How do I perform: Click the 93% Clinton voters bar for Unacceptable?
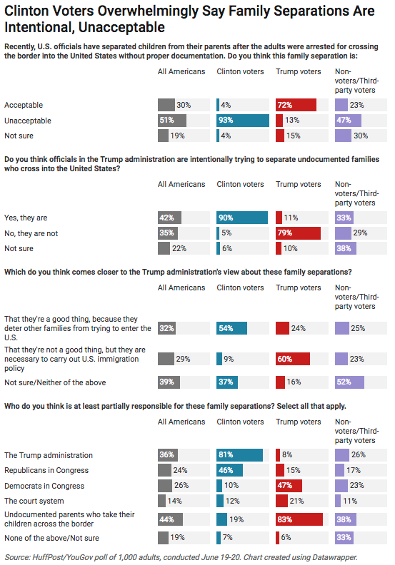[243, 121]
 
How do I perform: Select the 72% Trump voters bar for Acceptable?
[296, 105]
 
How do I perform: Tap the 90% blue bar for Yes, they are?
[242, 218]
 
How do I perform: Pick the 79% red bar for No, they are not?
[298, 233]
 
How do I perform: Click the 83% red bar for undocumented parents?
[299, 519]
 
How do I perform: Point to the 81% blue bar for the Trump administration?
[239, 455]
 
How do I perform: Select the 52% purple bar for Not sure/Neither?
[349, 382]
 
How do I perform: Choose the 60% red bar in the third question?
[293, 359]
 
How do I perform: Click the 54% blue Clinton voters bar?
[231, 328]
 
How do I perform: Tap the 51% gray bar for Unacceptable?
[172, 121]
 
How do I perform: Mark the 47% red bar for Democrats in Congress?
[289, 485]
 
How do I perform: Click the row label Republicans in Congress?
[46, 470]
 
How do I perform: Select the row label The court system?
[34, 501]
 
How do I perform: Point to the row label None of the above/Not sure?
[51, 538]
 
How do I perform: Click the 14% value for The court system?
[174, 501]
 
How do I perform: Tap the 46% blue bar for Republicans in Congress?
[229, 470]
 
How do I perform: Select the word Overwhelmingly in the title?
[148, 11]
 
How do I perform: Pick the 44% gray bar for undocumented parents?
[170, 519]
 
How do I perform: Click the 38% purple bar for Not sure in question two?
[346, 248]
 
